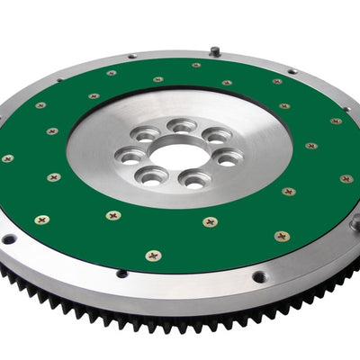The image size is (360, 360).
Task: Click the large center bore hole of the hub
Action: [178, 156]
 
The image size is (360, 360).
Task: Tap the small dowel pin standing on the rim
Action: [215, 51]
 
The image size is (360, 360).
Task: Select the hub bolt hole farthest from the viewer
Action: [183, 125]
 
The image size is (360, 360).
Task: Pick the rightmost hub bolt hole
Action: [227, 157]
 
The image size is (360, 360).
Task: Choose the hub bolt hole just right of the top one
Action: [216, 136]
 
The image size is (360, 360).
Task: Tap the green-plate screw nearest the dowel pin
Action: [196, 65]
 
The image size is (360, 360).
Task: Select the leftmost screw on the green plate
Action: [8, 158]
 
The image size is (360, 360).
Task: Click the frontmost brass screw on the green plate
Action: [154, 256]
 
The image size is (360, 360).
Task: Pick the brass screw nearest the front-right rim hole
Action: [282, 237]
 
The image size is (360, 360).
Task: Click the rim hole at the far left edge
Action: [9, 239]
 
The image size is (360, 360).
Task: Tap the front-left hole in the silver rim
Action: [121, 274]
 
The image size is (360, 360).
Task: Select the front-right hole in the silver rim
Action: [258, 277]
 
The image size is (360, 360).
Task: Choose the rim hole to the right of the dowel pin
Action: [292, 71]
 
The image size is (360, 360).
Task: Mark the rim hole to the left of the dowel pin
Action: [132, 57]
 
